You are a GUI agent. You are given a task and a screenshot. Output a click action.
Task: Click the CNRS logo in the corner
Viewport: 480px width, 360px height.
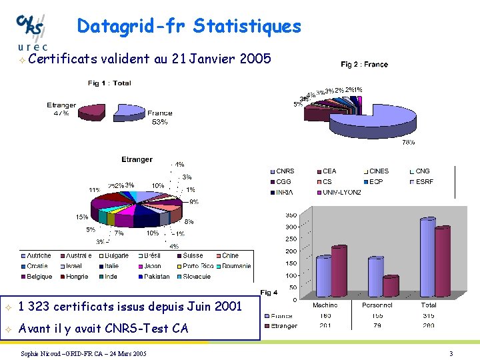31,30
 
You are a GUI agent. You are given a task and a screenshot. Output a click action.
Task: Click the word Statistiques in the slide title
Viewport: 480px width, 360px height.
247,27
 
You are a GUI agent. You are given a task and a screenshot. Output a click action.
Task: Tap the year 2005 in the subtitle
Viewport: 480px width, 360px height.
255,59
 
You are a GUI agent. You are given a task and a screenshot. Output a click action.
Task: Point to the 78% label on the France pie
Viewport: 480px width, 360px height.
408,142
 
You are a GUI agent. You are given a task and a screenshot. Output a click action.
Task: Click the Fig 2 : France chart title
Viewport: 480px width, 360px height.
364,65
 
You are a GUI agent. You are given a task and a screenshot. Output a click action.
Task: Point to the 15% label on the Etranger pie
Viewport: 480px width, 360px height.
81,217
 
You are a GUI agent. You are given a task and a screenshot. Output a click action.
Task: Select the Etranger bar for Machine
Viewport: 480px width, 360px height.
339,270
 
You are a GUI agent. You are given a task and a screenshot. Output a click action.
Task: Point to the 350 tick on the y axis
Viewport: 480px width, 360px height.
291,215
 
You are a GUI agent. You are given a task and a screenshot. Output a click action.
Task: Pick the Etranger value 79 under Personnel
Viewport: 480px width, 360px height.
377,325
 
